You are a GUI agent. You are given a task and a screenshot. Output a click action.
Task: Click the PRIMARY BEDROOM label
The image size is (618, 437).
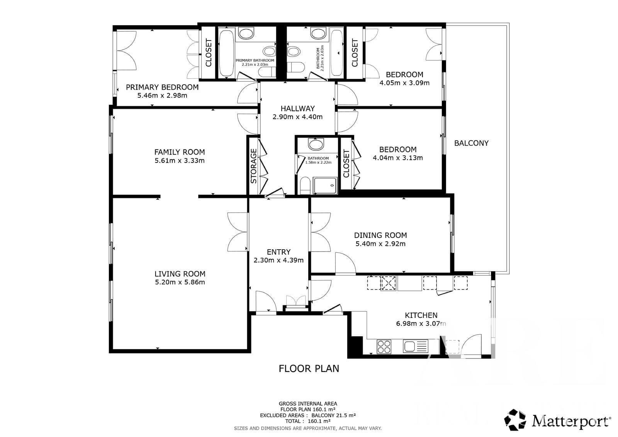click(162, 87)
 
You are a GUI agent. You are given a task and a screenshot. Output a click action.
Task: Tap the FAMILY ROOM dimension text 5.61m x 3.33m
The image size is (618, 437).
click(180, 161)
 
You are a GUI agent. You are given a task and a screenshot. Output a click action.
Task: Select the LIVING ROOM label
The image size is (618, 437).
click(180, 274)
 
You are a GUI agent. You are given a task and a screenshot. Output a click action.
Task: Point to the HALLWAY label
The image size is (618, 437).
click(298, 109)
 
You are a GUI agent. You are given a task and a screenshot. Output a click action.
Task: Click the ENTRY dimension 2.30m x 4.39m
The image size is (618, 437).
click(278, 260)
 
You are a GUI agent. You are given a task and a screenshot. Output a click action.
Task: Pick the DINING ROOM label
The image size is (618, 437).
click(380, 235)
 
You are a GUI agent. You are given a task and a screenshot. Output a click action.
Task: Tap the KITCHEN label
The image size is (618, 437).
click(421, 315)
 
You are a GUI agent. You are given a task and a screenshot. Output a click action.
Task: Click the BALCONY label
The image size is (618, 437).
click(471, 143)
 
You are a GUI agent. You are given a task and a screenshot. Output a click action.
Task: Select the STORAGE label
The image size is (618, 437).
click(253, 166)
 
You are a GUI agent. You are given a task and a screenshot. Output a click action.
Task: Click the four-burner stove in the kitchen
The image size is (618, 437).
click(384, 347)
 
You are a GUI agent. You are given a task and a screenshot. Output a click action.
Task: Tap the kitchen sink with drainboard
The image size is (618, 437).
click(416, 346)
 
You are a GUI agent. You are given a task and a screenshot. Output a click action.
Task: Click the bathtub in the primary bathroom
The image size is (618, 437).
click(226, 53)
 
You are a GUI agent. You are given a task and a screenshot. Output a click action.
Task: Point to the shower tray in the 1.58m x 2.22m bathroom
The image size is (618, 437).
click(325, 185)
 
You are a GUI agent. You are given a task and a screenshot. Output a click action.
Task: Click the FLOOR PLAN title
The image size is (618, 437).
click(309, 369)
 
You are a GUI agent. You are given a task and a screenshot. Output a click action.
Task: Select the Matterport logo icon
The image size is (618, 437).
click(515, 420)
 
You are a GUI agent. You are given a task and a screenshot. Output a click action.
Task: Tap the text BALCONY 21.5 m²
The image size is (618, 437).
click(334, 415)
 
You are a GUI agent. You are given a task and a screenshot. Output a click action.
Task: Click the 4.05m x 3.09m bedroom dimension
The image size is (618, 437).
click(404, 83)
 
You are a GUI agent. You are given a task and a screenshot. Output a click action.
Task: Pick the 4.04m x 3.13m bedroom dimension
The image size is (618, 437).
click(398, 158)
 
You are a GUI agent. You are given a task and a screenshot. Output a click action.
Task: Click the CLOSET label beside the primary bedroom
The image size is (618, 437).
click(209, 53)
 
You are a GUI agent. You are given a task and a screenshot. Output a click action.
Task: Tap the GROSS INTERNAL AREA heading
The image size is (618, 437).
click(308, 404)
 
